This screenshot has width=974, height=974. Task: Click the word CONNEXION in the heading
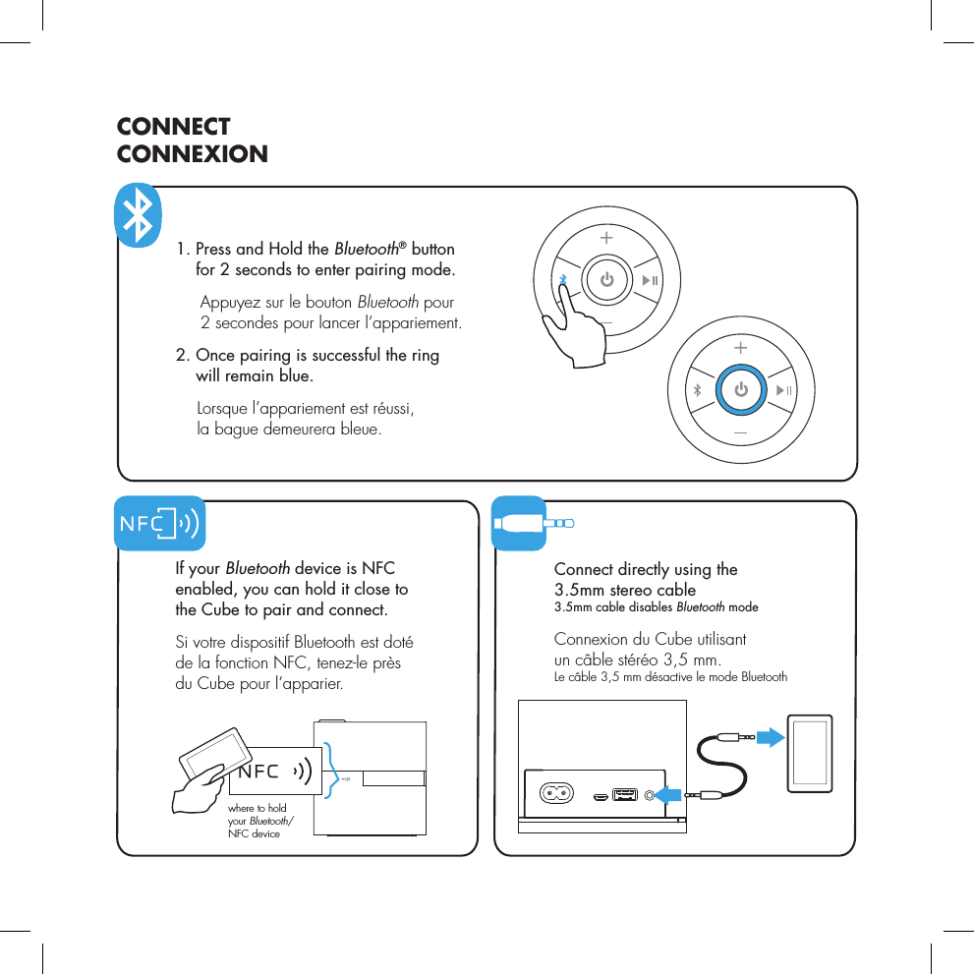pos(192,154)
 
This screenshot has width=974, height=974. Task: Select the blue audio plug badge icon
pos(519,523)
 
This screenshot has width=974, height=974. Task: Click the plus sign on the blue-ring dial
pos(740,348)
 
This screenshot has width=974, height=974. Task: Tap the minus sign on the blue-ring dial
pos(740,433)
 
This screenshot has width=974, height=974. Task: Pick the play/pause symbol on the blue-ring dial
pos(785,391)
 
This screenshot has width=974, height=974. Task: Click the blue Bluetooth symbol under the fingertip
pos(563,281)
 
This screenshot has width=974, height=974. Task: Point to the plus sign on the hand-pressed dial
pos(605,238)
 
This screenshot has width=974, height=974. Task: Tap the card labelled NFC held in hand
pos(276,772)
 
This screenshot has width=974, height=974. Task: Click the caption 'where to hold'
pos(257,808)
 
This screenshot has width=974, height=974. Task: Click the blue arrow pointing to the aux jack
pos(670,794)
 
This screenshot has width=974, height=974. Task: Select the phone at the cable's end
pos(810,753)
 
